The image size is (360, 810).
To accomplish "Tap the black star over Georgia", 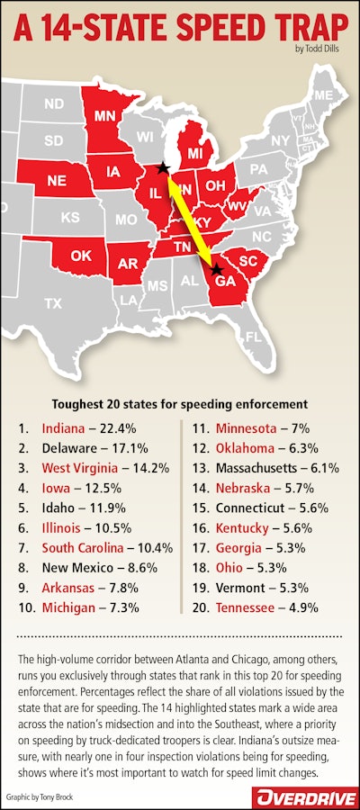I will [x=215, y=269].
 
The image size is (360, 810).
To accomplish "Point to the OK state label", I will [x=81, y=256].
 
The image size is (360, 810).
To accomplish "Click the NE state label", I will [x=56, y=179].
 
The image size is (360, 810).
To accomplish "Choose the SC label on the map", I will [x=248, y=260].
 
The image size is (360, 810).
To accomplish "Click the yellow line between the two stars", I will [x=189, y=219].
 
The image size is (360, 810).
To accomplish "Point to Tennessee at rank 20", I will [x=247, y=608].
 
